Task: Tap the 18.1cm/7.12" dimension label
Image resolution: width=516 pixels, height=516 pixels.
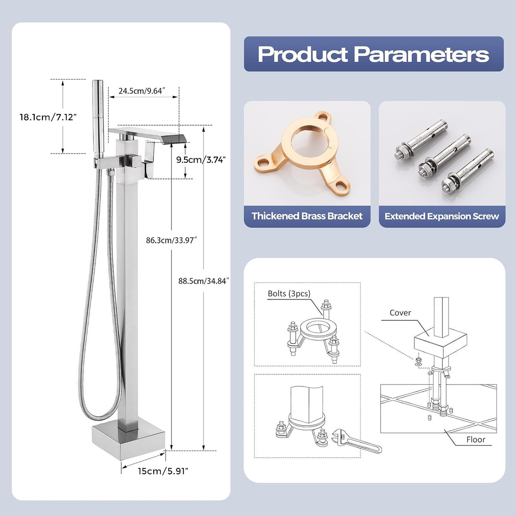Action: tap(48, 117)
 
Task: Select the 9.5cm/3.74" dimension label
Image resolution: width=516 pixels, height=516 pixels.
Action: tap(201, 160)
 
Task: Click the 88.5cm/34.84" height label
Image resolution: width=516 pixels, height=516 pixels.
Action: tap(204, 281)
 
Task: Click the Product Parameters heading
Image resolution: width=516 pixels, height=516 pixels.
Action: tap(373, 54)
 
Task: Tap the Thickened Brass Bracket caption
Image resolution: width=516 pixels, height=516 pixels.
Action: tap(307, 216)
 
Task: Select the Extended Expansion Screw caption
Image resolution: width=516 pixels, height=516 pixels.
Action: tap(442, 216)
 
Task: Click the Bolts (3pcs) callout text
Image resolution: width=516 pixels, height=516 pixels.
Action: tap(289, 294)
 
